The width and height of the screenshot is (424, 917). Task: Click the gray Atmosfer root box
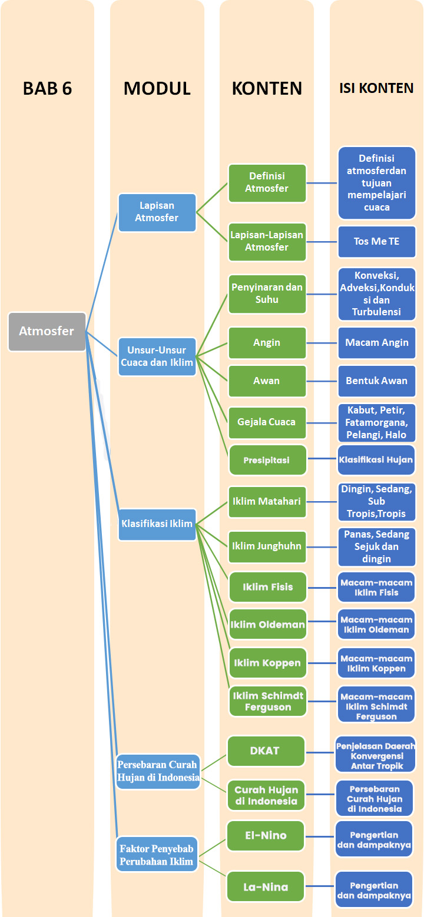[x=47, y=332]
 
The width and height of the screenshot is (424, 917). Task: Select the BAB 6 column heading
[x=47, y=88]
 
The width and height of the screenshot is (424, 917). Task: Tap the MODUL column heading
[x=157, y=88]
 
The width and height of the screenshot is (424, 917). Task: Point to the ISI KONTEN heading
[x=376, y=88]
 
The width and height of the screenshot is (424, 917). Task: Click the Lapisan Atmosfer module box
[x=157, y=212]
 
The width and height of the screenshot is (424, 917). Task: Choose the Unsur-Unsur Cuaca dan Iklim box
[x=157, y=356]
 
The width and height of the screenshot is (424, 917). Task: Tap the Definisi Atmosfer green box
[x=267, y=182]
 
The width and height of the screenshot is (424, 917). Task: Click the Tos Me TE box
[x=376, y=241]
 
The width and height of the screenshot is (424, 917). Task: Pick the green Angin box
[x=267, y=342]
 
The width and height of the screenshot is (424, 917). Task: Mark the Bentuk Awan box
[x=376, y=381]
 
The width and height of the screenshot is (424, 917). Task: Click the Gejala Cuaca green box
[x=267, y=422]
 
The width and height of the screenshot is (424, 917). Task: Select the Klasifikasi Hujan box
[x=376, y=460]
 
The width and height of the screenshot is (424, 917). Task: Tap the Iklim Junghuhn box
[x=267, y=546]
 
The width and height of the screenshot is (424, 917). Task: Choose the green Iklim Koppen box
[x=267, y=663]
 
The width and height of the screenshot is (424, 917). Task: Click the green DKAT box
[x=266, y=751]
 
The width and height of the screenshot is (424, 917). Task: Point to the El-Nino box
[x=266, y=835]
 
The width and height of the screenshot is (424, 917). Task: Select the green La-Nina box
[x=266, y=886]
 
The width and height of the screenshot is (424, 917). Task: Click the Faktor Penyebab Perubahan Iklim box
[x=157, y=855]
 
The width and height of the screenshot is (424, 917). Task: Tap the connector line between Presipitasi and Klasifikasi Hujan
[x=322, y=460]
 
